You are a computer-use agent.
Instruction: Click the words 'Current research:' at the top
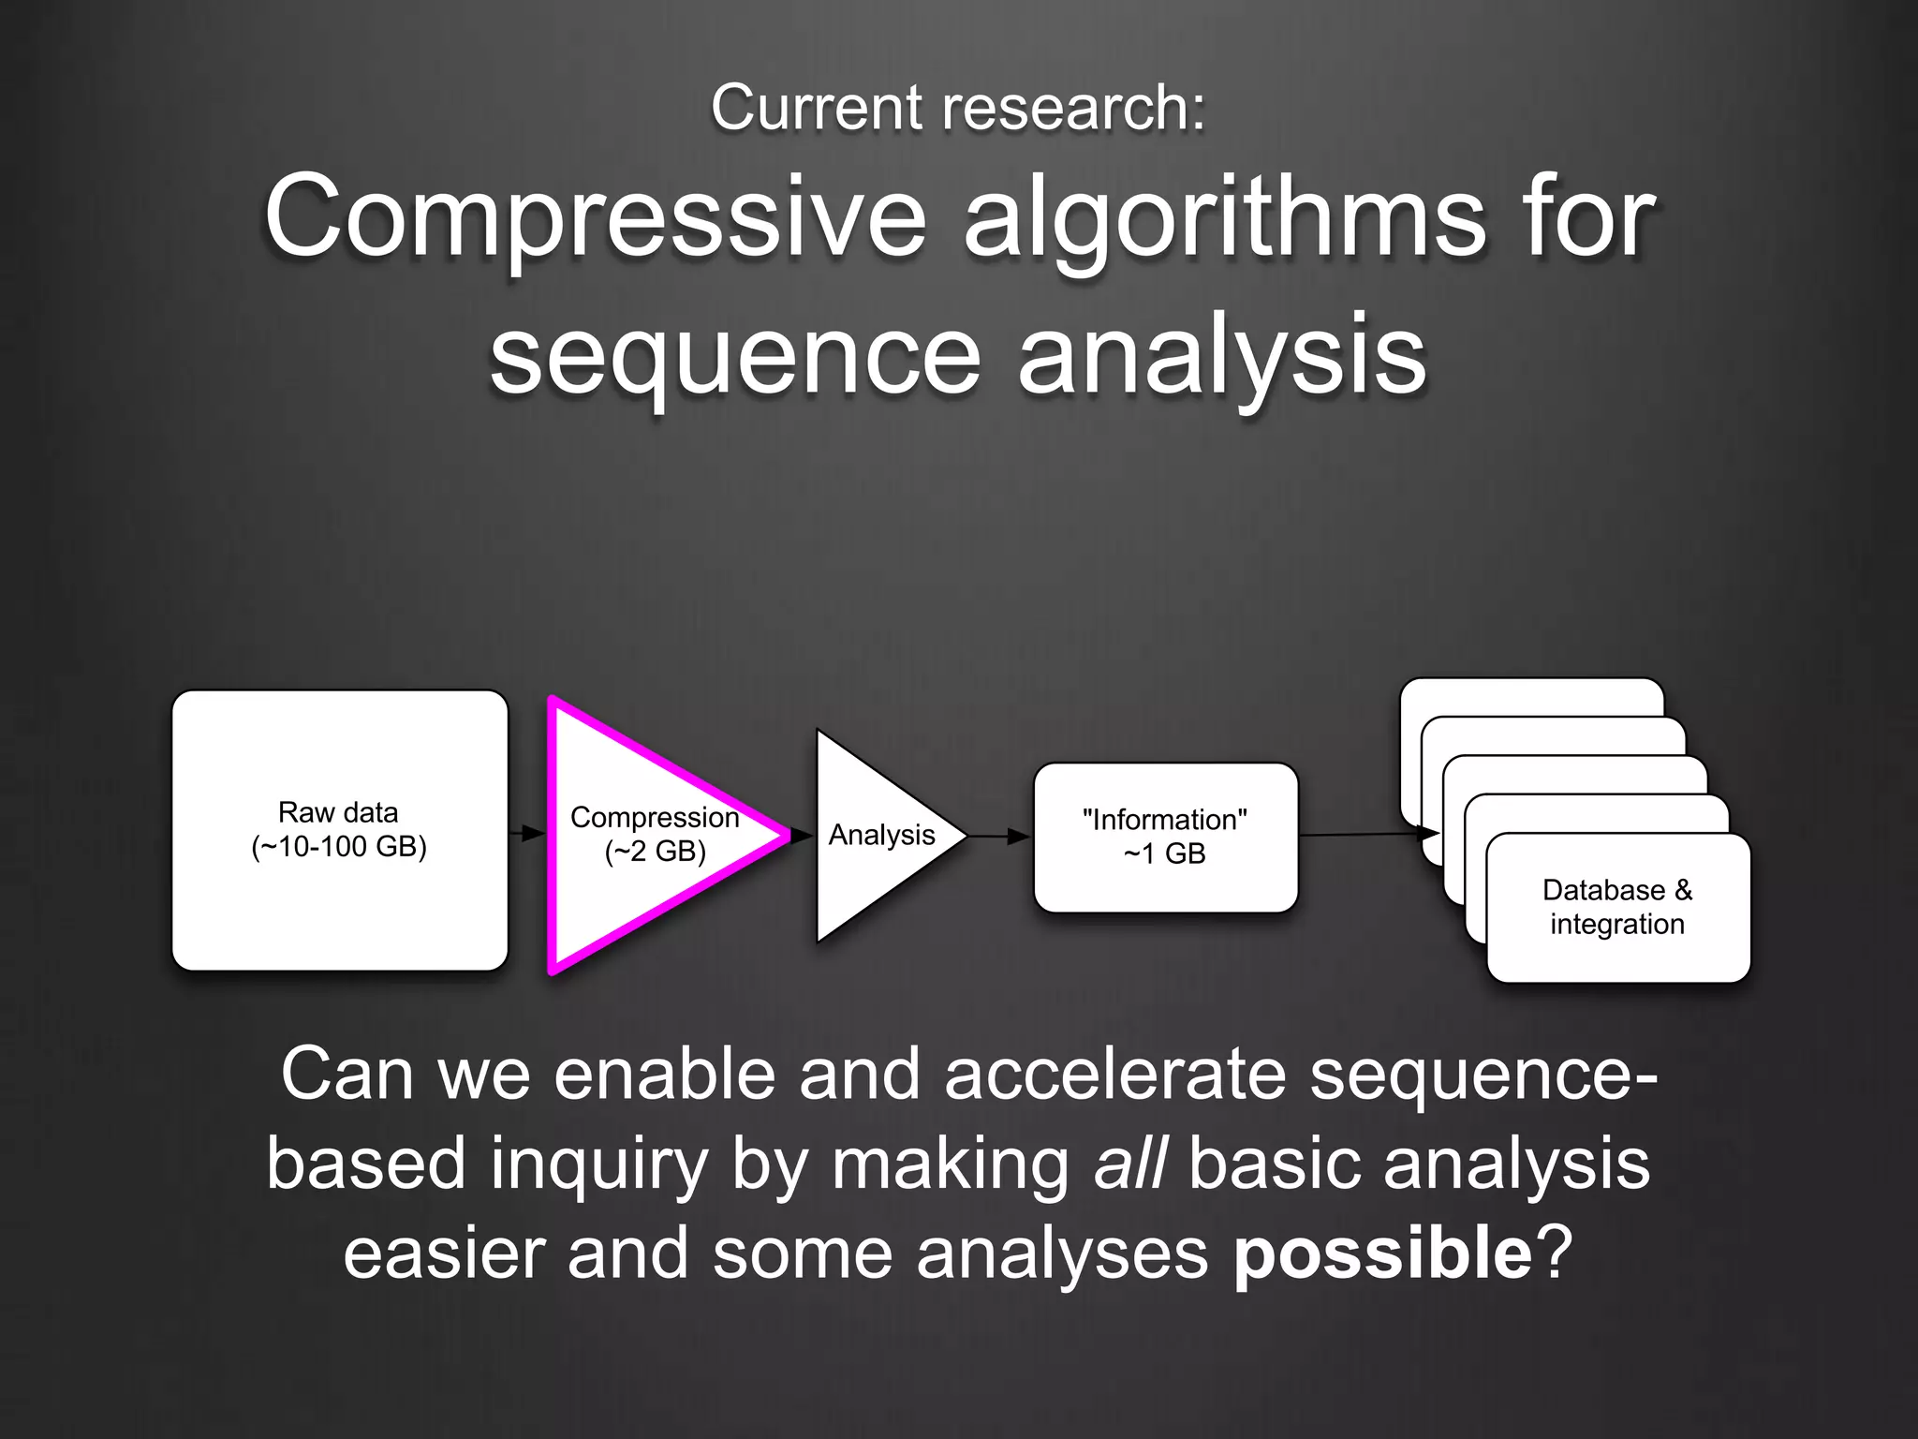958,107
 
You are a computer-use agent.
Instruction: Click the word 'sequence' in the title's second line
735,356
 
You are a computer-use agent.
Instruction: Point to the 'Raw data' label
338,812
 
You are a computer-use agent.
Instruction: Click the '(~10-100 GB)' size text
339,847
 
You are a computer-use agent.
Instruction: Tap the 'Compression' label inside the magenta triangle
655,817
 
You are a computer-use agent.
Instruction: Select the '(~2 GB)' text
655,852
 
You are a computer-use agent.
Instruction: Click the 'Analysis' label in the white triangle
881,835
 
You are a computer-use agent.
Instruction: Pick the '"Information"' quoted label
1164,820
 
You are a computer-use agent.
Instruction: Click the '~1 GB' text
1164,853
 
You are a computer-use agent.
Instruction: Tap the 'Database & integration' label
1617,907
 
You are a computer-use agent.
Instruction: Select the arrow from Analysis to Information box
999,836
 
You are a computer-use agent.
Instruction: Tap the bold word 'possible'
1383,1254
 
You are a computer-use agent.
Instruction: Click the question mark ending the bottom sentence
1554,1254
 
